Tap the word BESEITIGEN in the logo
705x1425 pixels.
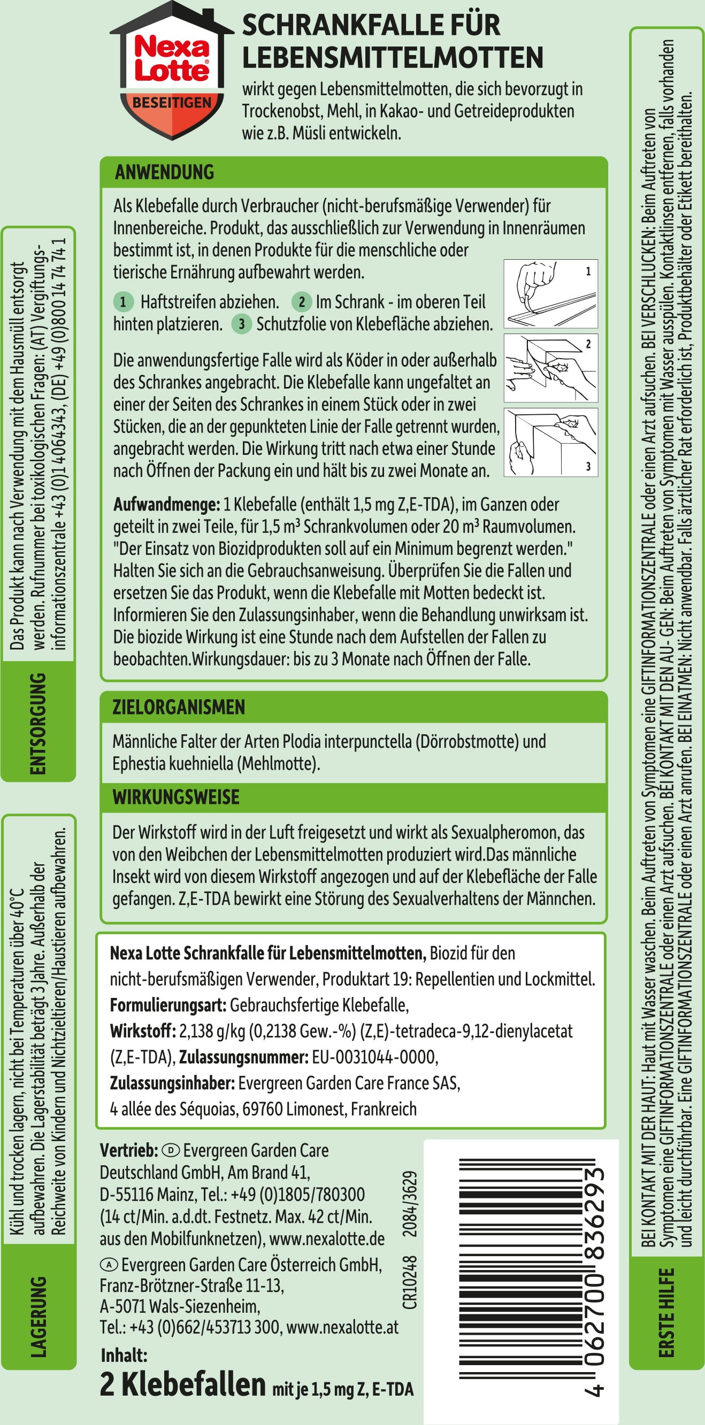click(x=172, y=102)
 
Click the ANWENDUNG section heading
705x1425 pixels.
click(x=164, y=172)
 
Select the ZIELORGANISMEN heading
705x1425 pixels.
click(x=179, y=707)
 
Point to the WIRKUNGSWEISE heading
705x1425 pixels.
click(x=176, y=797)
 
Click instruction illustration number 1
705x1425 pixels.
click(x=550, y=294)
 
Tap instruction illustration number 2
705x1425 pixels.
click(x=550, y=368)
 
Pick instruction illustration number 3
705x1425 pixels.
click(x=550, y=442)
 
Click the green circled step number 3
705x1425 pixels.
click(x=241, y=323)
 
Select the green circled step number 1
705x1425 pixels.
click(x=124, y=302)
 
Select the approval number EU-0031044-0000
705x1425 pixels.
click(x=374, y=1057)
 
